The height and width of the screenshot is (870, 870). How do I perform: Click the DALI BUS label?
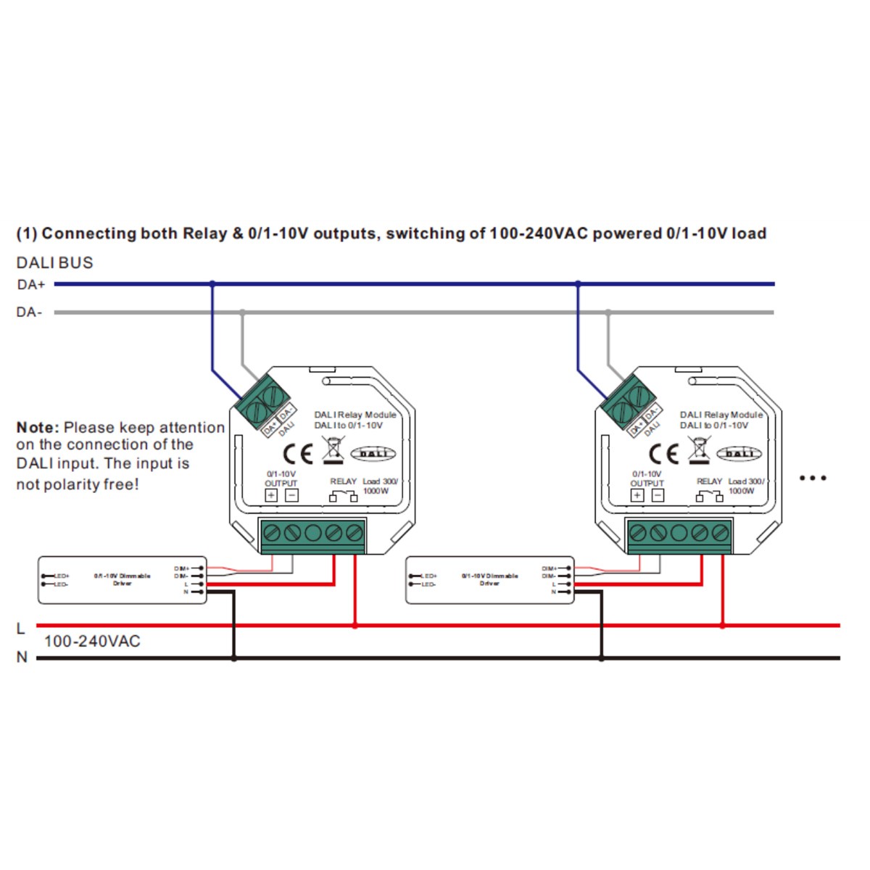coord(55,262)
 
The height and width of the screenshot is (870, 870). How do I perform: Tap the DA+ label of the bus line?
coord(30,285)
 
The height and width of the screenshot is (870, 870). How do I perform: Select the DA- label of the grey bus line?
coord(29,312)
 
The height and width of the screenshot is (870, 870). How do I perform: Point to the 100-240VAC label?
coord(92,641)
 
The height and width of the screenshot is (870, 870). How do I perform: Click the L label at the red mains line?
coord(21,629)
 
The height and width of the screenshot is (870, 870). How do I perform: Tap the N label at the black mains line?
coord(22,658)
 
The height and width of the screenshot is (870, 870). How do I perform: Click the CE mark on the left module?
coord(297,454)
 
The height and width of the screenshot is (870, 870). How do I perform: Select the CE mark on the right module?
coord(663,454)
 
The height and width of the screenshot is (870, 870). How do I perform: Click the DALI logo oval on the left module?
coord(373,454)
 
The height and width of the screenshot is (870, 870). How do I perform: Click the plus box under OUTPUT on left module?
coord(271,496)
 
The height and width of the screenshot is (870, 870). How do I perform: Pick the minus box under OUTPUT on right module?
coord(658,496)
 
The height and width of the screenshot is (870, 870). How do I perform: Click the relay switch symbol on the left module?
coord(343,497)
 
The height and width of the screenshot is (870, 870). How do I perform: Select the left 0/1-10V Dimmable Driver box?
coord(122,580)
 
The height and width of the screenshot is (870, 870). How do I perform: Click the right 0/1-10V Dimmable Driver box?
coord(489,580)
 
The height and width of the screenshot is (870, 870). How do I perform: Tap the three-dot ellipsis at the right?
coord(812,478)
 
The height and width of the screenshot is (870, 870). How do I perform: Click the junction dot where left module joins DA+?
coord(212,284)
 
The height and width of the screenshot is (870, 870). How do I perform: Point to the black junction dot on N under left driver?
coord(233,658)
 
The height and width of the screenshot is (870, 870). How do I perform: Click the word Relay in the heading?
coord(204,233)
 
